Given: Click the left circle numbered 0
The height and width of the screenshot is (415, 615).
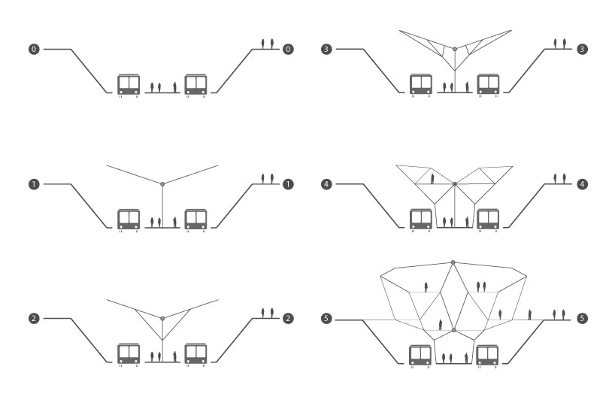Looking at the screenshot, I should [33, 49].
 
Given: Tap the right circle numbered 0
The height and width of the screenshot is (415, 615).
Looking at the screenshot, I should [288, 49].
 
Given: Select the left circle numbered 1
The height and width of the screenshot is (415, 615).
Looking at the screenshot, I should [33, 184].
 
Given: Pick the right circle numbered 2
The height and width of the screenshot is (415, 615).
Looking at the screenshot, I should [288, 319].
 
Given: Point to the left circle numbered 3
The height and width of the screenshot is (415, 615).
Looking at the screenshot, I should [326, 49].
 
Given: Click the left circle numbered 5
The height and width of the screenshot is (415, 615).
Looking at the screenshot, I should [326, 319].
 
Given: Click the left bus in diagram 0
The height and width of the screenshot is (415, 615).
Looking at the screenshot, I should [129, 84].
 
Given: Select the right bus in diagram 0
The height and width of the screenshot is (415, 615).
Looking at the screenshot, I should [196, 84].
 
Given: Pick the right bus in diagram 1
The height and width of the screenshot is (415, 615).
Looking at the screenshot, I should [196, 219].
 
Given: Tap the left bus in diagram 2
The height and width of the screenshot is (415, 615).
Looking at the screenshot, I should [129, 353].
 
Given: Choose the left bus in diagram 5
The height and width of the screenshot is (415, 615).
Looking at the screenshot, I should [420, 353].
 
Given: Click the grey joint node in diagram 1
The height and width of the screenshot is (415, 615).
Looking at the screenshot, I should [162, 183].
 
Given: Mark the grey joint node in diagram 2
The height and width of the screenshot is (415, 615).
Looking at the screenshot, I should [162, 318].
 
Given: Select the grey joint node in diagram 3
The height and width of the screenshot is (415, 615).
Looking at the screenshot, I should [455, 50].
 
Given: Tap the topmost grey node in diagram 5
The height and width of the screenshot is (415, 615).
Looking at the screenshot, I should [453, 262].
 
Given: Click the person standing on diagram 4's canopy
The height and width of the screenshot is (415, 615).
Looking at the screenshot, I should [432, 178].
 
